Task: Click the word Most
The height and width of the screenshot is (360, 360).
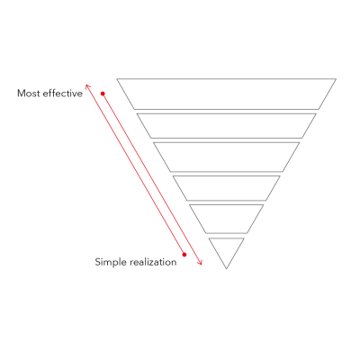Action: pyautogui.click(x=29, y=94)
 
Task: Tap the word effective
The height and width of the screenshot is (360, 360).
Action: pyautogui.click(x=63, y=93)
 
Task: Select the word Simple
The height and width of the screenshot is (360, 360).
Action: pyautogui.click(x=110, y=262)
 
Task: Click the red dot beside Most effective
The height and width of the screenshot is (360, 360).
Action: pyautogui.click(x=103, y=94)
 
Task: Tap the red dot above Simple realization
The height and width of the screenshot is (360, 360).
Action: pyautogui.click(x=184, y=255)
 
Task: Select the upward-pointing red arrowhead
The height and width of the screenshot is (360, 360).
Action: pyautogui.click(x=87, y=86)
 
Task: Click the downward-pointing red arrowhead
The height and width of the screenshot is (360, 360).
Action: pyautogui.click(x=200, y=263)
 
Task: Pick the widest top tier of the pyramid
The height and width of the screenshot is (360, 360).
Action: pyautogui.click(x=226, y=94)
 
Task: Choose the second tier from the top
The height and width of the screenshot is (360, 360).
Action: pyautogui.click(x=227, y=126)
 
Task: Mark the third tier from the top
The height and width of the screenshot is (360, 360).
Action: pyautogui.click(x=227, y=157)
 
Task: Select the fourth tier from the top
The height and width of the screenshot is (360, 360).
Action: pyautogui.click(x=227, y=188)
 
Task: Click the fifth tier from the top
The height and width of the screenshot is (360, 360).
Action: pyautogui.click(x=227, y=219)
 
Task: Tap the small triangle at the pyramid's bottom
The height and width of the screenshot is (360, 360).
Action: pyautogui.click(x=227, y=249)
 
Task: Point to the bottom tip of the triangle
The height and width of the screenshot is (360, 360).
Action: pyautogui.click(x=227, y=269)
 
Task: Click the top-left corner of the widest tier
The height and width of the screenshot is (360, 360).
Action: pyautogui.click(x=117, y=79)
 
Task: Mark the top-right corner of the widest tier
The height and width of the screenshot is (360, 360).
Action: pyautogui.click(x=336, y=79)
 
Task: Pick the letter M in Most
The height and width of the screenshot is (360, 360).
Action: pyautogui.click(x=21, y=94)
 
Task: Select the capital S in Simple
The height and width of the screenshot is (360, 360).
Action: pyautogui.click(x=97, y=262)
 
